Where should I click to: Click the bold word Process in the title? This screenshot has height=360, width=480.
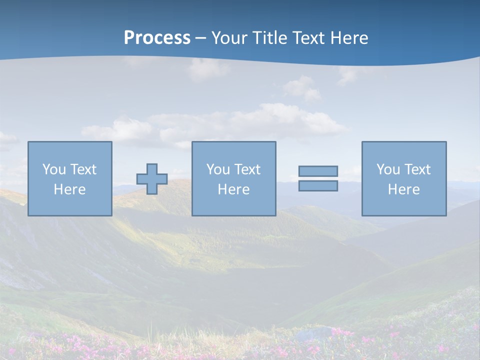coord(157,38)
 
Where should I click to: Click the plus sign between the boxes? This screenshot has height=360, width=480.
coord(152,179)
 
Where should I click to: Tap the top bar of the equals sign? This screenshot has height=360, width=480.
coord(318,171)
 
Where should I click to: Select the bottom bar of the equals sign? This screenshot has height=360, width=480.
coord(318,185)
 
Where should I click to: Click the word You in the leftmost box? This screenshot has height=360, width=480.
coord(54,169)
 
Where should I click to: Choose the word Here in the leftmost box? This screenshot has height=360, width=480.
coord(69,189)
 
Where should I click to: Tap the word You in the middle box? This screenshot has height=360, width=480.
coord(218,169)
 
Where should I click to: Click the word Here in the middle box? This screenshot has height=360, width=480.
coord(233,189)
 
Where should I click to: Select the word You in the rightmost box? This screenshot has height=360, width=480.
coord(388,169)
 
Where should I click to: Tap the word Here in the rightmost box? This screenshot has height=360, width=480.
coord(403,189)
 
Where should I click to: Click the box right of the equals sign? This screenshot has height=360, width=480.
coord(404,205)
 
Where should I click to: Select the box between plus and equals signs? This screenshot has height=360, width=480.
coord(233,205)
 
